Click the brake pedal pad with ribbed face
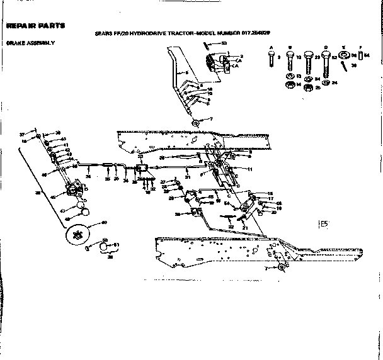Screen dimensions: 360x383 (214, 64)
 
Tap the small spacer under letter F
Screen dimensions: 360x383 (360, 56)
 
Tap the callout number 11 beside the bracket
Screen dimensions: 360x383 (249, 169)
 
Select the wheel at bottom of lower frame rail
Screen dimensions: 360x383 (282, 268)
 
